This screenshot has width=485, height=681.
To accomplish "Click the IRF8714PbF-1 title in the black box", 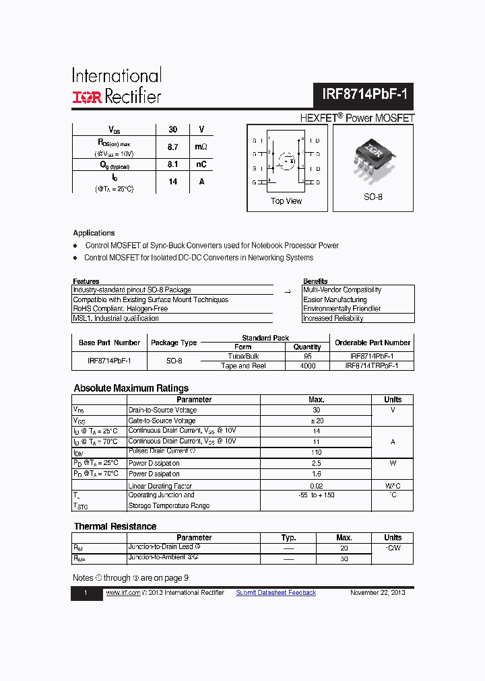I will (x=363, y=96).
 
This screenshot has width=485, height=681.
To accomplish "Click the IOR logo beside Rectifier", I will (x=87, y=98).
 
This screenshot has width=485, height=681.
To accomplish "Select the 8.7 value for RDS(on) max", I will (x=172, y=147).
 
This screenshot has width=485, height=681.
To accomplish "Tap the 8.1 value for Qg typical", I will (x=172, y=164).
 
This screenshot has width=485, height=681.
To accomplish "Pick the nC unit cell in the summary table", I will (x=201, y=164).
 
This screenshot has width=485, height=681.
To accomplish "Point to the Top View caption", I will (x=286, y=201).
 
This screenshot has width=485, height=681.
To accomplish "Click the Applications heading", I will (x=94, y=233).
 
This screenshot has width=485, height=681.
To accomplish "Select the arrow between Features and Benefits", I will (x=288, y=292).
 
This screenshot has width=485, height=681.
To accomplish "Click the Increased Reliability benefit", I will (x=334, y=318).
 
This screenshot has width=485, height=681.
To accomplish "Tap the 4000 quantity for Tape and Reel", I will (x=307, y=366).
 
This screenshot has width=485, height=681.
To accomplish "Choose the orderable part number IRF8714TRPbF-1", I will (x=372, y=366).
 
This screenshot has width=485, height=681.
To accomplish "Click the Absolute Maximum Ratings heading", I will (x=131, y=388).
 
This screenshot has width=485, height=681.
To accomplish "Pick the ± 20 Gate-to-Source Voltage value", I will (x=316, y=421).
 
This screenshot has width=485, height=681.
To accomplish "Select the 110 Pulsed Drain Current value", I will (x=316, y=452).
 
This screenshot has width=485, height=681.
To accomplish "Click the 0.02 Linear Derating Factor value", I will (x=316, y=485).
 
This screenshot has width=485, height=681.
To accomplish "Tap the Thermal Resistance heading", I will (x=115, y=526).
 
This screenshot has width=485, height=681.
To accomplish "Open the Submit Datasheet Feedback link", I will (x=276, y=593).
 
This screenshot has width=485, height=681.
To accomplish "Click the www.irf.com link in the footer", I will (x=122, y=593).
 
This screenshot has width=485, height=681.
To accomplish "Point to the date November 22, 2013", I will (x=377, y=593).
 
